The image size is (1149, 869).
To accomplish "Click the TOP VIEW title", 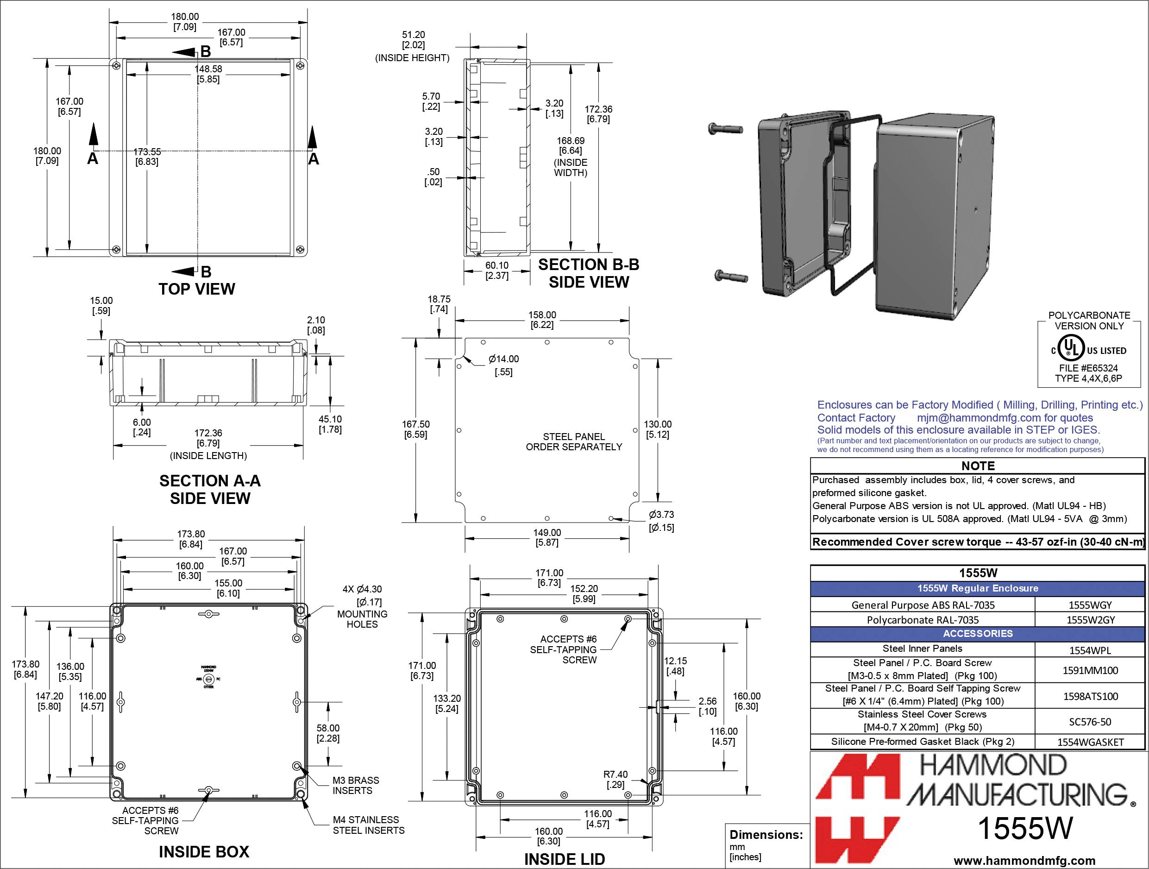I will click(x=196, y=289).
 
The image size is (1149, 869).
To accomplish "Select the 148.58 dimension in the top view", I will click(x=208, y=74).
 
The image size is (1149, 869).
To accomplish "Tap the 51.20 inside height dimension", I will click(x=413, y=40).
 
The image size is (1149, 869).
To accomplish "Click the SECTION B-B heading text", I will click(x=588, y=264).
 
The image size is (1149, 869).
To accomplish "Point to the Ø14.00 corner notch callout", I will click(x=503, y=365).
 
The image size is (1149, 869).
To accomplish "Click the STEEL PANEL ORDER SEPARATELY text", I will click(x=573, y=441).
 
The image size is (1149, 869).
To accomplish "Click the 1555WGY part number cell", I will click(x=1090, y=605).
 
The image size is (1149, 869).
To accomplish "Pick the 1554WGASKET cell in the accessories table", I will click(x=1090, y=742).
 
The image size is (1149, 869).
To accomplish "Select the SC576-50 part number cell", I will click(x=1090, y=722).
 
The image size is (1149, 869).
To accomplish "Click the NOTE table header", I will click(x=978, y=466).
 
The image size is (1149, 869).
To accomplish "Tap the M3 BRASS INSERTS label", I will click(x=355, y=785).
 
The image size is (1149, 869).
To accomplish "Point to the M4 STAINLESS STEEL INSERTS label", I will click(x=368, y=825).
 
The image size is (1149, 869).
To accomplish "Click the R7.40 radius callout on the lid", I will click(x=615, y=779).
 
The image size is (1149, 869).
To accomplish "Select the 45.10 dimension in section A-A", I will click(x=330, y=424).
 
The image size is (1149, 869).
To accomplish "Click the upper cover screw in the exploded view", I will click(x=725, y=128).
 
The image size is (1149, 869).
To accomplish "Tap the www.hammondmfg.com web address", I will click(x=1024, y=861).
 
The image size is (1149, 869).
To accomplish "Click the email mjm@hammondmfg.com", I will click(x=979, y=418).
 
